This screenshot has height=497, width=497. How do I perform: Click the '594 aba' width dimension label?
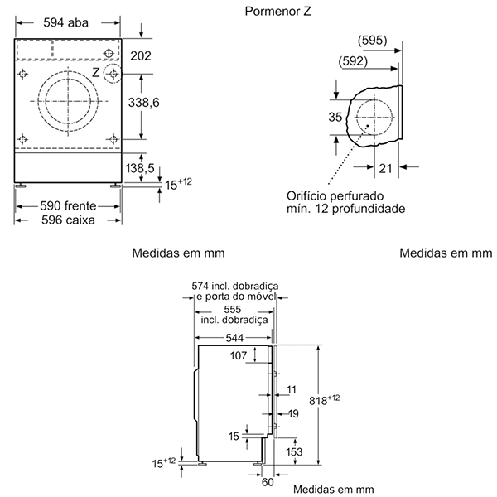coord(66,23)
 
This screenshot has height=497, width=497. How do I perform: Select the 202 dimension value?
coord(141,56)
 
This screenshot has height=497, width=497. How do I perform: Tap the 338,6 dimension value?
coord(143,103)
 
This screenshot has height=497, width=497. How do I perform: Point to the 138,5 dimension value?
coord(140,168)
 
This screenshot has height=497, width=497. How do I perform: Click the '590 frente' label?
coord(68,206)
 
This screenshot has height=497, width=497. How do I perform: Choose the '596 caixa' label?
coord(68,220)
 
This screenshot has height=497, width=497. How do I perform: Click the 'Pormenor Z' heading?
coord(278,12)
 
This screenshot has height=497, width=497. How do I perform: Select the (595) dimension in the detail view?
coord(373,41)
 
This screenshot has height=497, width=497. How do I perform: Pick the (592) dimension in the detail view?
coord(353,61)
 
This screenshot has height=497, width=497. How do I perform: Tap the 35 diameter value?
coord(335,118)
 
